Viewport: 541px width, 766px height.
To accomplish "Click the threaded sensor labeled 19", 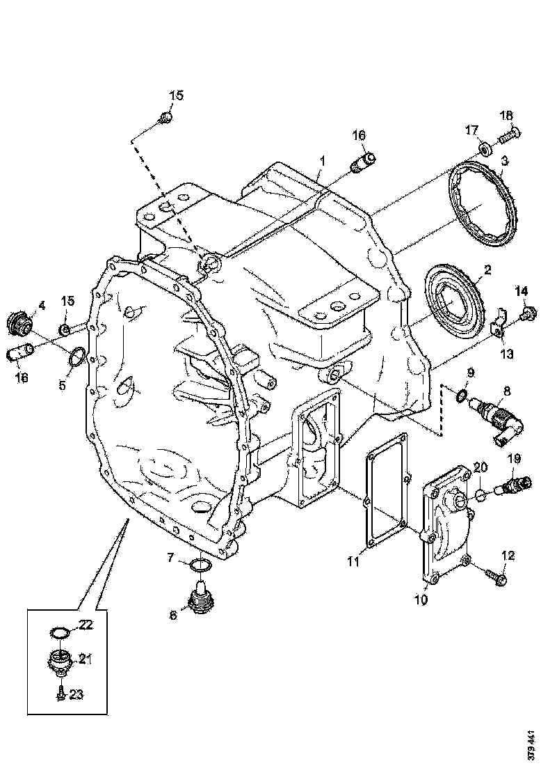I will [x=517, y=483].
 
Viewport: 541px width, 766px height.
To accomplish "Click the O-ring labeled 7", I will [x=200, y=563].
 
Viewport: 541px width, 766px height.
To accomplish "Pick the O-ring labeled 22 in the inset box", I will [x=61, y=633].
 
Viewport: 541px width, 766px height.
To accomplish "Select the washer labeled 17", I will [x=484, y=148].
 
